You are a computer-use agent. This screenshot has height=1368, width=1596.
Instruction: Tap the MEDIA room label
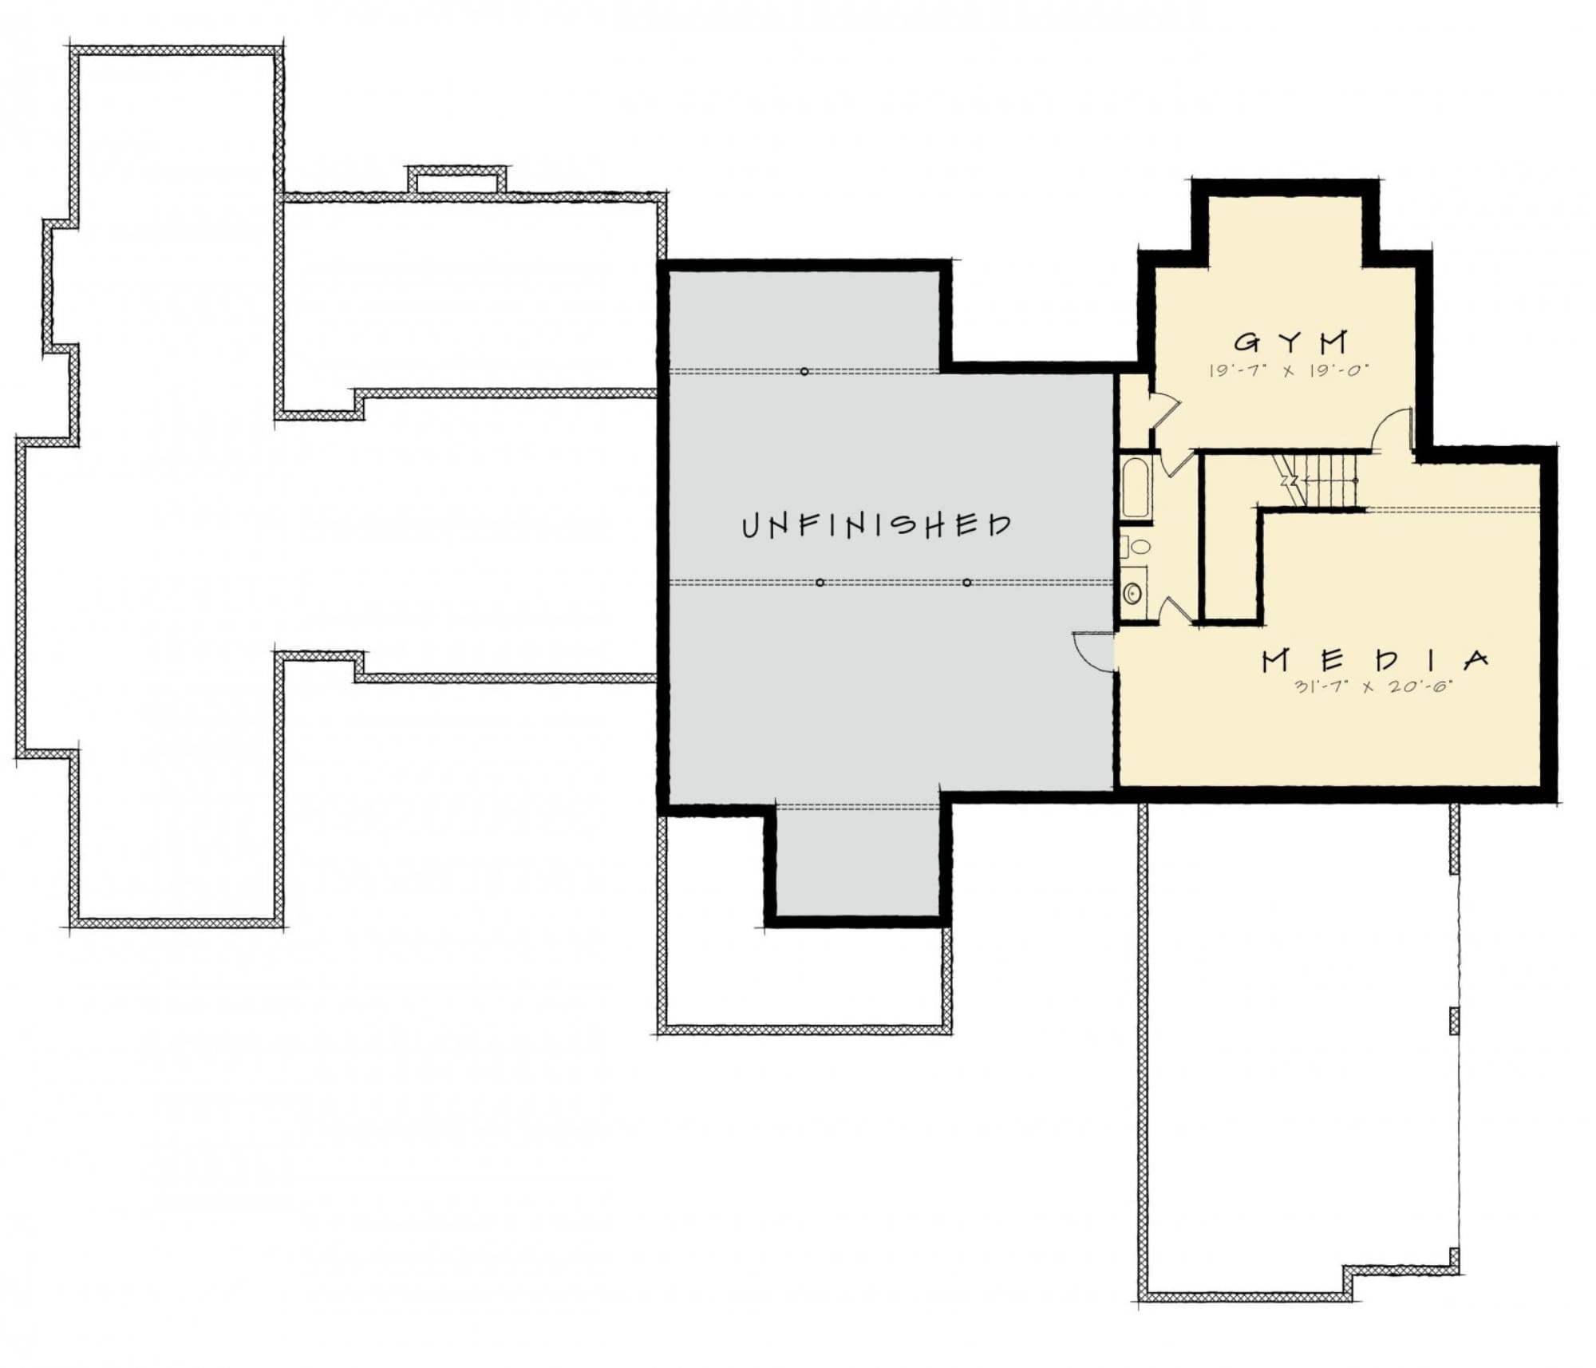click(1375, 660)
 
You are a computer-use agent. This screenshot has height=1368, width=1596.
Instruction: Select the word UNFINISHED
click(876, 525)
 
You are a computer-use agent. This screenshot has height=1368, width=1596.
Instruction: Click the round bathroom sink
click(1132, 593)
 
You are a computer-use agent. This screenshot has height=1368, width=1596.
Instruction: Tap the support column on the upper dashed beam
click(804, 371)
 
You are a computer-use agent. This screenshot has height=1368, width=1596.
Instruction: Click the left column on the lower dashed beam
click(820, 583)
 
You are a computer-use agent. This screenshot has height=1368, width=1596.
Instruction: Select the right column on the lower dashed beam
click(966, 583)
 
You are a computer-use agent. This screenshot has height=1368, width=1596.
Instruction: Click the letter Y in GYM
click(1290, 342)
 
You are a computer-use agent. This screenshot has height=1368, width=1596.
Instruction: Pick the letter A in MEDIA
click(1476, 660)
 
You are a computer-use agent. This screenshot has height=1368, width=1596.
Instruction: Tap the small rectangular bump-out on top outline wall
click(457, 180)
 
